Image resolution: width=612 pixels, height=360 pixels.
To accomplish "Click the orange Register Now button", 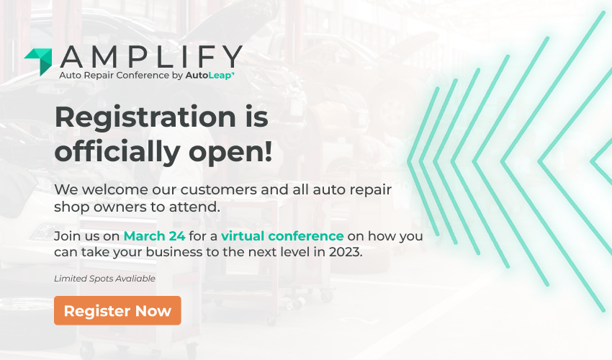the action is coord(117,310).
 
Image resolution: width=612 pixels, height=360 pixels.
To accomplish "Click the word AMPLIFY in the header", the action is coord(151,57).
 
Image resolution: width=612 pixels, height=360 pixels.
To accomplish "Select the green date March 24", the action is coord(155,236).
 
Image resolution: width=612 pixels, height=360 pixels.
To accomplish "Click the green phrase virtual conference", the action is coord(282,236).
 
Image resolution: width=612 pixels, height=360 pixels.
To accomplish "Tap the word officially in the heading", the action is coord(117,151).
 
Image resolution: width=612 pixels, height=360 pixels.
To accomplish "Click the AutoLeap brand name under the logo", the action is coord(210,76).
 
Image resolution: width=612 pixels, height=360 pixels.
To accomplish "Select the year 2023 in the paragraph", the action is coord(346,252).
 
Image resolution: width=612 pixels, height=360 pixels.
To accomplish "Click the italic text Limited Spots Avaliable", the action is coord(104,279).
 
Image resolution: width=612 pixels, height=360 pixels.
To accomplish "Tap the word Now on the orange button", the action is coord(153,311).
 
